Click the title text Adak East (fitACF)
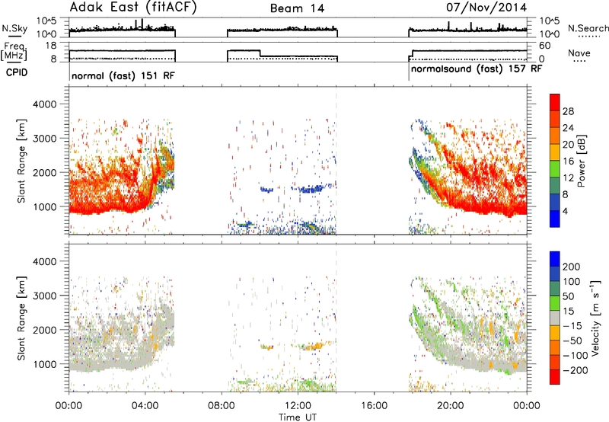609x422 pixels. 132,7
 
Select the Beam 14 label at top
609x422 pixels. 297,8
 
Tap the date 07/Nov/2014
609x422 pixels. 486,7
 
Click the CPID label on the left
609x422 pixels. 17,72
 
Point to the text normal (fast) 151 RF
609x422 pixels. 123,75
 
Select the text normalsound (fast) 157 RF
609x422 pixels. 477,69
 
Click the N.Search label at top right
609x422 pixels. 588,28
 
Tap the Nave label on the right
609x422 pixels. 579,53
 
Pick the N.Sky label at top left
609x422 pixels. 14,28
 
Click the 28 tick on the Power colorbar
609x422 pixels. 568,111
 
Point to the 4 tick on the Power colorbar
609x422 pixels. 565,212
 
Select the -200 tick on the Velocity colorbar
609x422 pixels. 576,370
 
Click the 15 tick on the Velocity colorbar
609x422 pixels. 568,312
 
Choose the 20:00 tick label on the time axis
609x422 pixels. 450,405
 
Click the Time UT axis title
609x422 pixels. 298,417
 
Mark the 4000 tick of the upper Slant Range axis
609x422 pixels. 45,104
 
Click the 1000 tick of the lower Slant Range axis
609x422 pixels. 45,364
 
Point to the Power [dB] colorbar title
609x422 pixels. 581,161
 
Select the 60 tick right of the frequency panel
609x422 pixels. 545,46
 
